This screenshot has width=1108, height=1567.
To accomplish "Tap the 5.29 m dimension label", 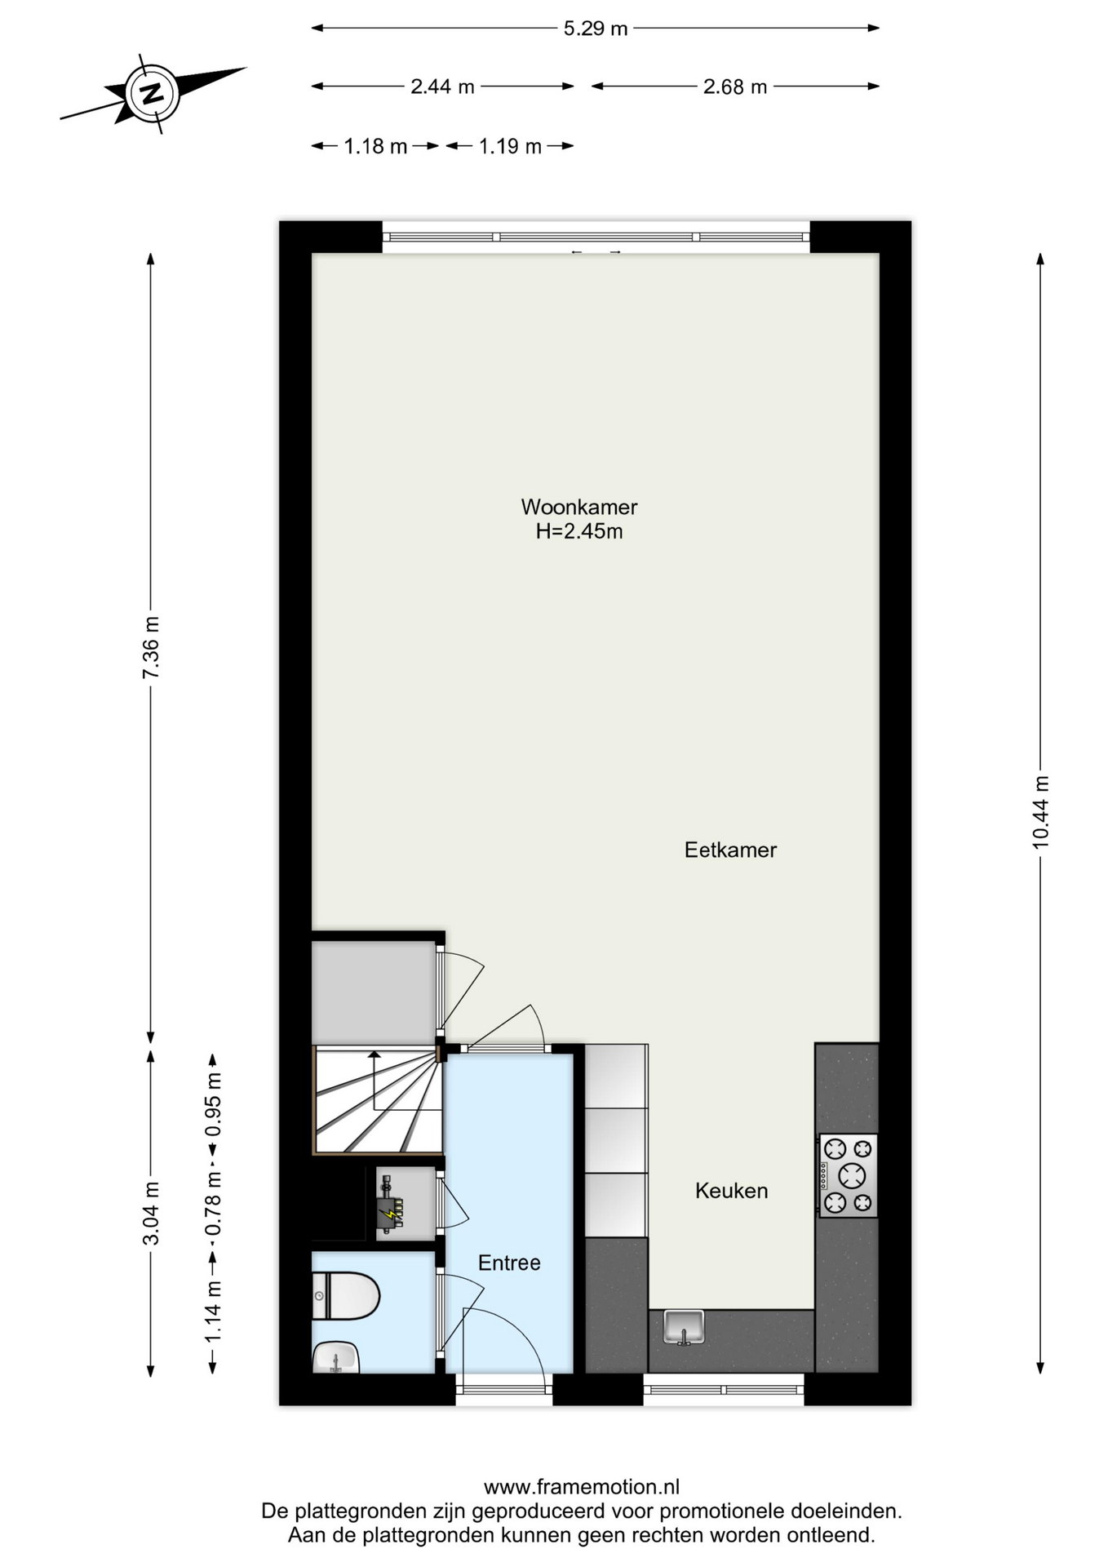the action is [x=596, y=29].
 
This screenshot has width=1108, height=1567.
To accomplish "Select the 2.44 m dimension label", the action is [x=442, y=87].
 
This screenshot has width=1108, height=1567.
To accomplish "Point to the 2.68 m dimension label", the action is [x=735, y=87].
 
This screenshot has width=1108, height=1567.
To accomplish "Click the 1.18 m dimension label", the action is [x=375, y=147].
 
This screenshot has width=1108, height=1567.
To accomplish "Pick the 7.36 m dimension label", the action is [x=151, y=647].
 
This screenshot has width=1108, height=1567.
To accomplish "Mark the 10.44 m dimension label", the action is [x=1040, y=812].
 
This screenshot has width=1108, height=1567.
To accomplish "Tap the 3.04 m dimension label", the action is [x=151, y=1213].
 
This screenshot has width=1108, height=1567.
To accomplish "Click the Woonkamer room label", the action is [x=579, y=507].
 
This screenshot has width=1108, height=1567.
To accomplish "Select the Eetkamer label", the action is [x=730, y=850].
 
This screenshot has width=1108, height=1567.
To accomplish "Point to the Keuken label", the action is [x=731, y=1191].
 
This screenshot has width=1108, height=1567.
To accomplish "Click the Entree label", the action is [x=509, y=1263].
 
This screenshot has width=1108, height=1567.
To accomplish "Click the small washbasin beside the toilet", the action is [x=335, y=1358].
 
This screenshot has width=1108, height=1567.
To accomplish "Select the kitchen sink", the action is [x=684, y=1327].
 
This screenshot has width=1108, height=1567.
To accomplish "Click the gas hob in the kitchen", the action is [x=849, y=1175].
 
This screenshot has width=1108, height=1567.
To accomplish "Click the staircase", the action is [x=377, y=1101].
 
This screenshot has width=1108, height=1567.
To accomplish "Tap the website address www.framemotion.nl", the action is [x=581, y=1487].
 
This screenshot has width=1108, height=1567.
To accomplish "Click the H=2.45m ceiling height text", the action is [x=579, y=531].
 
